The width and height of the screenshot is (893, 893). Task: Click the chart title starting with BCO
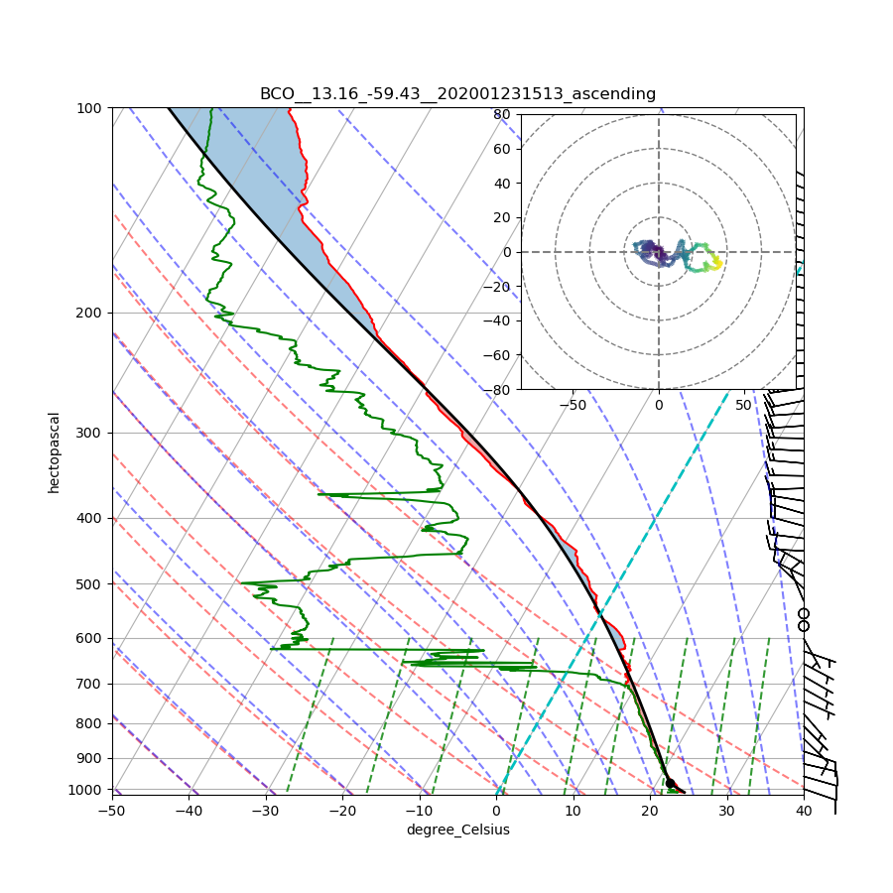(x=457, y=94)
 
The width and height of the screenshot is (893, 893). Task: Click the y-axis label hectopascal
(x=55, y=452)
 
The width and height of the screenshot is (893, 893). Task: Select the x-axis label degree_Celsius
(x=457, y=829)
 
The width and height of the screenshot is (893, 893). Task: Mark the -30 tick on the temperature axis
(x=266, y=811)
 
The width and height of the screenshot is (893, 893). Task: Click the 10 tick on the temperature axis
(x=573, y=811)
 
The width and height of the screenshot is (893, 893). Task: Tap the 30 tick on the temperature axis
(x=726, y=811)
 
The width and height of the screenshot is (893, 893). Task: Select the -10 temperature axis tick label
(x=420, y=811)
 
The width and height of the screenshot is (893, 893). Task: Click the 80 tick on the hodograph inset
(x=501, y=114)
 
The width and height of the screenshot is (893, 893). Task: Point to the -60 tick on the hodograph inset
(x=498, y=355)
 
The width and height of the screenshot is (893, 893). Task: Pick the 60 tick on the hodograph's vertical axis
(x=501, y=149)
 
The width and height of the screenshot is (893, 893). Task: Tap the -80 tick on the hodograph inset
(x=498, y=390)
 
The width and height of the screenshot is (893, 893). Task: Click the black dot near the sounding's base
(x=670, y=784)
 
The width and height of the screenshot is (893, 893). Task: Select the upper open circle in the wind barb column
(x=804, y=614)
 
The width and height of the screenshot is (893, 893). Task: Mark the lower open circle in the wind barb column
(x=804, y=626)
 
